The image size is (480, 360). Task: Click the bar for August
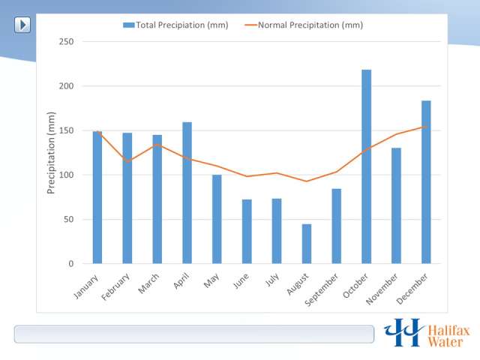307,244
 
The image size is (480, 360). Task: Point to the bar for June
247,232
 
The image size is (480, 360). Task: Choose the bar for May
217,219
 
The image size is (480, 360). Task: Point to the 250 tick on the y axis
66,42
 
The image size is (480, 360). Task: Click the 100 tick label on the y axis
66,175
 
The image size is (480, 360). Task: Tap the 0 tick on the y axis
70,264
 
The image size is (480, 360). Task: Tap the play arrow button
23,25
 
